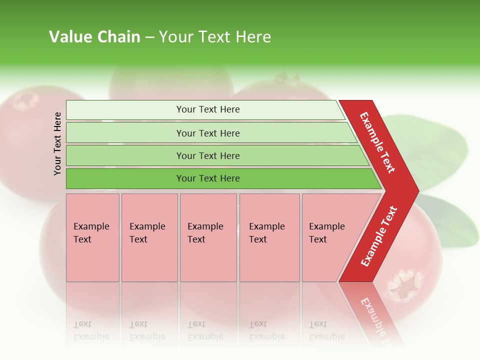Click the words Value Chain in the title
(94, 36)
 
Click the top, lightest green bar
(208, 109)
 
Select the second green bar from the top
(208, 133)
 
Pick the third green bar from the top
(208, 155)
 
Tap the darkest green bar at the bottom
(208, 178)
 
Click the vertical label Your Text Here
(57, 143)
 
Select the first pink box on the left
(92, 237)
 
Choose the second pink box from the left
(149, 237)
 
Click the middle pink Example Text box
(208, 237)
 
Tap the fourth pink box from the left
(269, 237)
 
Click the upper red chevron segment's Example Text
(377, 142)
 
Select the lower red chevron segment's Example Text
(379, 236)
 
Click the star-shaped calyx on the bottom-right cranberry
(403, 283)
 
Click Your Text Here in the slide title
(215, 36)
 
